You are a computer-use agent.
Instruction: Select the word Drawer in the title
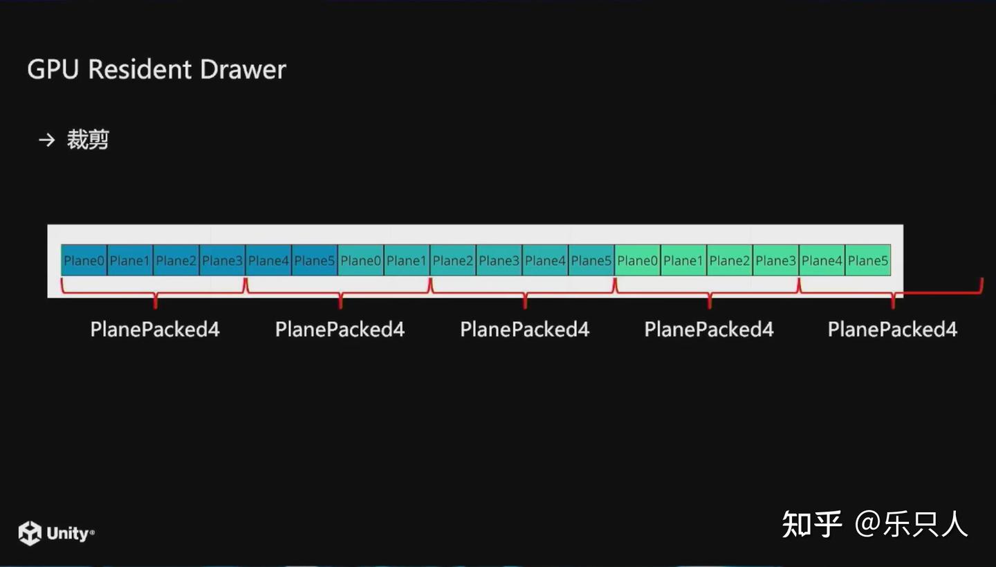click(x=243, y=70)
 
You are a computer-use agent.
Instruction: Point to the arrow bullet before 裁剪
click(x=46, y=141)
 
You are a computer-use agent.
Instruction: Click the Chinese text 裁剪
click(x=88, y=141)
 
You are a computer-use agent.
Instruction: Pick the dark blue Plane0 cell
click(x=84, y=260)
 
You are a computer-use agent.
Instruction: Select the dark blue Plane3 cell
click(x=222, y=260)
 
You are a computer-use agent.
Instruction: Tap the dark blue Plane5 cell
click(x=314, y=260)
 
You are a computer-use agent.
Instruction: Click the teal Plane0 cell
click(x=360, y=260)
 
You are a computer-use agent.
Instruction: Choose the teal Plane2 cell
click(x=452, y=260)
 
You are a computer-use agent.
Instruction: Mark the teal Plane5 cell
click(x=591, y=260)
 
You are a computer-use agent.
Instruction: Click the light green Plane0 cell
click(x=637, y=260)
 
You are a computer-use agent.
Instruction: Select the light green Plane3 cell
click(x=775, y=260)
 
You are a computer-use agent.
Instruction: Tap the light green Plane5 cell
click(x=868, y=260)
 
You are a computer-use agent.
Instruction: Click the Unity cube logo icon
click(x=30, y=533)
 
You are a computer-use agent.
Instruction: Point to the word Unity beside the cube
click(x=68, y=534)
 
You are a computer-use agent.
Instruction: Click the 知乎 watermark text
click(x=811, y=524)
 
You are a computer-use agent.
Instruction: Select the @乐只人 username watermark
click(x=912, y=524)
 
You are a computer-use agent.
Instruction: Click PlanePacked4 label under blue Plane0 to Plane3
click(x=155, y=330)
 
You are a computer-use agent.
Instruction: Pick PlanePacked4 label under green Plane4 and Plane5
click(x=892, y=330)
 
